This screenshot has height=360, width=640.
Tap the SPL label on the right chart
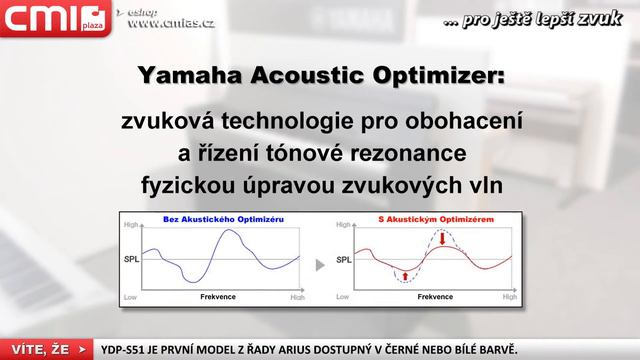[x=343, y=259]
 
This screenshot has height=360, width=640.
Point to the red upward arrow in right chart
[x=404, y=274]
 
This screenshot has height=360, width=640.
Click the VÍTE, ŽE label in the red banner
[x=41, y=349]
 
